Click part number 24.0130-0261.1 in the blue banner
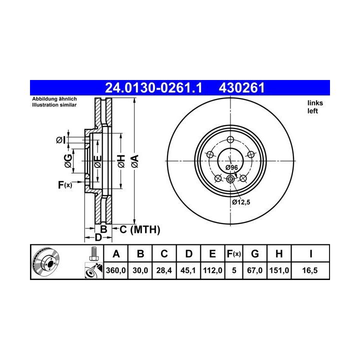point(153,88)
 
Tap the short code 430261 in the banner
point(242,88)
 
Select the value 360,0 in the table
point(115,270)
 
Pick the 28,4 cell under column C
point(164,270)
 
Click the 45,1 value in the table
point(188,270)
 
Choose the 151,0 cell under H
point(279,270)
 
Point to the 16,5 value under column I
point(309,270)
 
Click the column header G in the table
point(255,254)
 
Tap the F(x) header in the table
point(233,254)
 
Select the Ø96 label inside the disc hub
point(231,167)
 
